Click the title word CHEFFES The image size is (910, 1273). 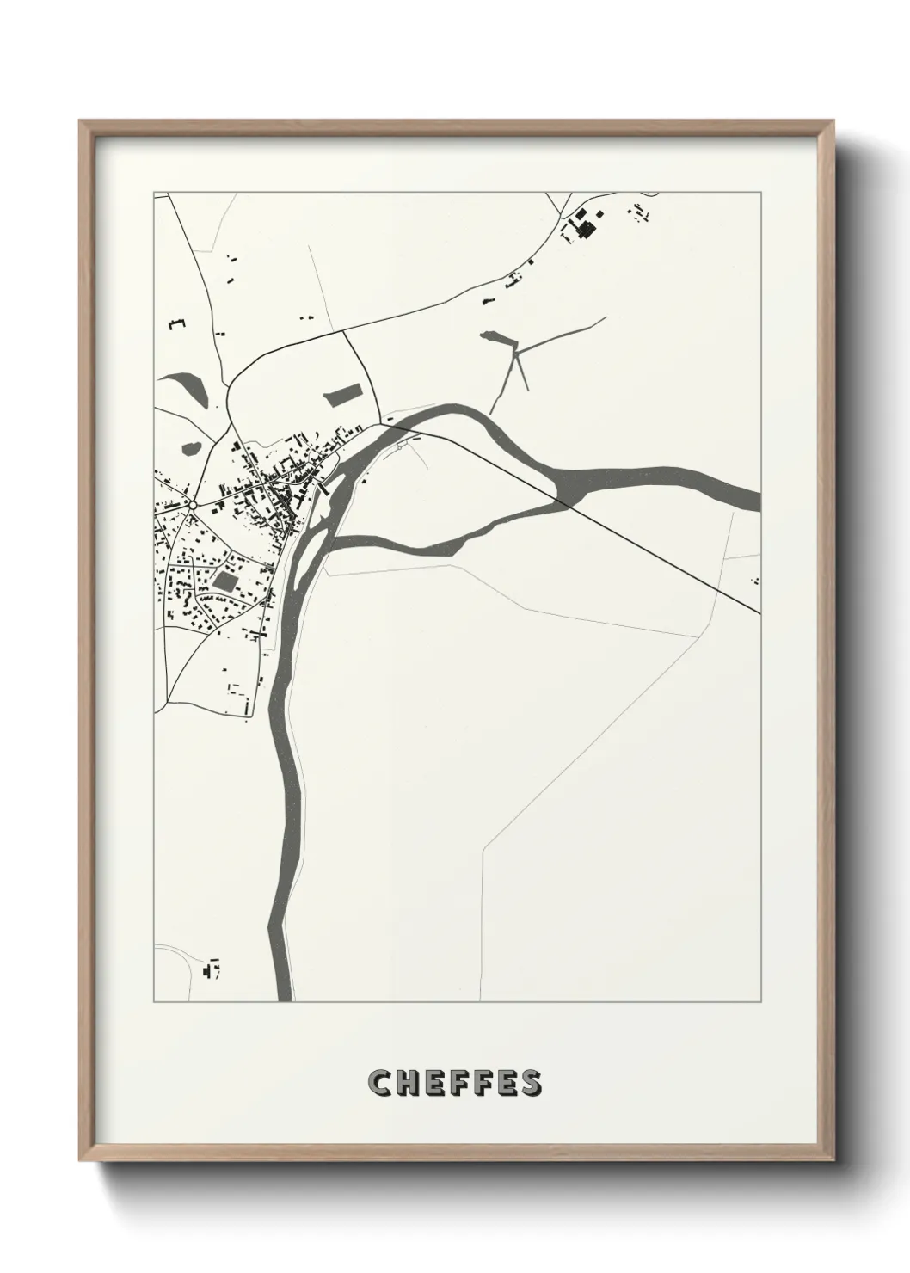pyautogui.click(x=455, y=1083)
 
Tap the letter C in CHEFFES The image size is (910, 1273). pyautogui.click(x=379, y=1083)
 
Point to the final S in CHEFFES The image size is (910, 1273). pyautogui.click(x=531, y=1083)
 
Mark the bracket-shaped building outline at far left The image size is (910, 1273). pyautogui.click(x=176, y=324)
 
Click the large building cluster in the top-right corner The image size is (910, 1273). pyautogui.click(x=585, y=224)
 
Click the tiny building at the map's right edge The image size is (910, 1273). pyautogui.click(x=756, y=581)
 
